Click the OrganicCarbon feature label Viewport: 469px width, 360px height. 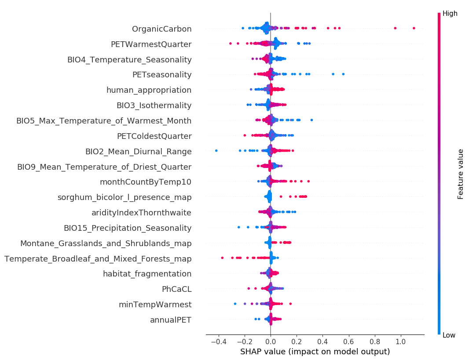coord(161,29)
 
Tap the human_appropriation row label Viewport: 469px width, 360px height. coord(149,90)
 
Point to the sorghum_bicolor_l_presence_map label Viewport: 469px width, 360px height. coord(125,197)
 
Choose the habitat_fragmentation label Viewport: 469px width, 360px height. coord(147,274)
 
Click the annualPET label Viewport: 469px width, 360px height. coord(171,320)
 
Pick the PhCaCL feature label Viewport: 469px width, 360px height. coord(176,289)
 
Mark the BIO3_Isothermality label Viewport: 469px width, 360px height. coord(154,105)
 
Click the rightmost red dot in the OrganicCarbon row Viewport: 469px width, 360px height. coord(414,28)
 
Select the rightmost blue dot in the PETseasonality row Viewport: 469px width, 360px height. coord(343,74)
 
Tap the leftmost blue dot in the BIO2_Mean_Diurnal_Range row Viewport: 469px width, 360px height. coord(216,151)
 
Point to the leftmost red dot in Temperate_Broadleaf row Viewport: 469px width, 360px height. coord(222,258)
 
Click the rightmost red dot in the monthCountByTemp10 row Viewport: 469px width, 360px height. coord(308,181)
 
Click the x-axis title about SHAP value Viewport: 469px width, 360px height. coord(315,352)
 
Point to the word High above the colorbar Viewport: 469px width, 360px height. coord(450,14)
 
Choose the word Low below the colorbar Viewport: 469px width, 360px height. coord(449,335)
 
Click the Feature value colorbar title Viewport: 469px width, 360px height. coord(461,174)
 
